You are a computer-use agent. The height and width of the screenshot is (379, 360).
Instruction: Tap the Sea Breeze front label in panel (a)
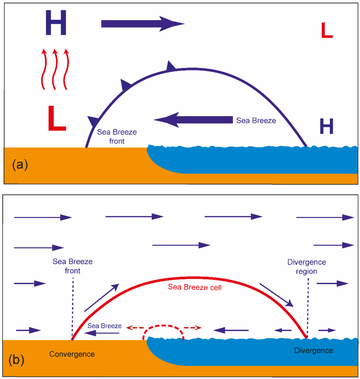(117, 136)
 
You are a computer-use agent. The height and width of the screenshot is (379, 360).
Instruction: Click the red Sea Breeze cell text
(195, 287)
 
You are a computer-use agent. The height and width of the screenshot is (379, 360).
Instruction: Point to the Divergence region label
(307, 267)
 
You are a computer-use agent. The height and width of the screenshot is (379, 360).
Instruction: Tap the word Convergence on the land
(72, 354)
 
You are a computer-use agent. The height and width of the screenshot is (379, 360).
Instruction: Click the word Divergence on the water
(314, 350)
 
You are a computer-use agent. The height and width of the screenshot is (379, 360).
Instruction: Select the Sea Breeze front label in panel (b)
(72, 266)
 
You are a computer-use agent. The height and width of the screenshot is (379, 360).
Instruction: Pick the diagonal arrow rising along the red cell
(102, 298)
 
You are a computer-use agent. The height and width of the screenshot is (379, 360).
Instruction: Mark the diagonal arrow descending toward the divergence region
(276, 295)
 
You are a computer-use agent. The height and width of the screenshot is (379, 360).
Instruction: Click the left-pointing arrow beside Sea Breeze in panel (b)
(102, 333)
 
